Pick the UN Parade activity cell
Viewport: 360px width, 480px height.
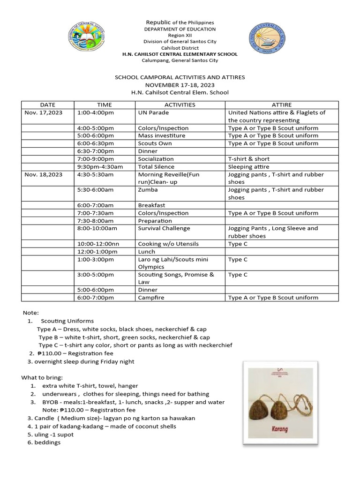point(153,112)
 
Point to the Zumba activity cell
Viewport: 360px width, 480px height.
point(148,190)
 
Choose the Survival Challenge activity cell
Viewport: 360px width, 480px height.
point(164,228)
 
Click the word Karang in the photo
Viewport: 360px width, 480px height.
point(280,428)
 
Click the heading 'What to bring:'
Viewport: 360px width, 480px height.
point(42,377)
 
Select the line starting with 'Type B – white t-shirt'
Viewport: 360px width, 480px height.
point(124,337)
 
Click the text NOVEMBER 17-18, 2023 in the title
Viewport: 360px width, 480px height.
point(180,85)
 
